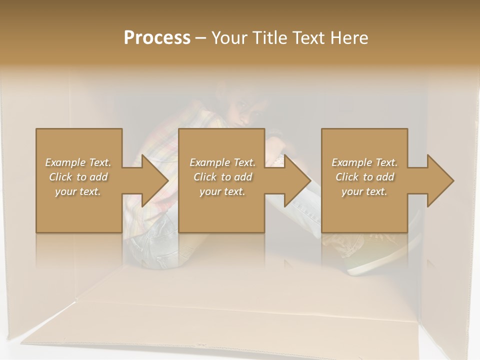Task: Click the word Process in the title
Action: point(157,38)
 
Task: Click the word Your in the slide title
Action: point(230,38)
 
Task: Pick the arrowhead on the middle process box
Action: point(296,180)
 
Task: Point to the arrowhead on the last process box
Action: point(439,180)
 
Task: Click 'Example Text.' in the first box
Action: point(78,162)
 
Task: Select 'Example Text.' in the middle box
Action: point(222,162)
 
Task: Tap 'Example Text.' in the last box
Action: point(364,162)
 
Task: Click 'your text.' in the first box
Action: point(78,191)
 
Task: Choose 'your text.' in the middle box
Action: point(222,191)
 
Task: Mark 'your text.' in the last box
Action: point(364,191)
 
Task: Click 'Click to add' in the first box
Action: point(78,177)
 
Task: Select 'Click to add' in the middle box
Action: point(222,177)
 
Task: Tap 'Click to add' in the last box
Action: point(364,177)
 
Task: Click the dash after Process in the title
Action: point(201,38)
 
